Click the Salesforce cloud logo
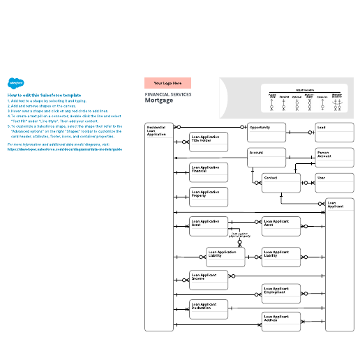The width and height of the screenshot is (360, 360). coord(14,82)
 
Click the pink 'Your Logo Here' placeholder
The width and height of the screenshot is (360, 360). coord(167,83)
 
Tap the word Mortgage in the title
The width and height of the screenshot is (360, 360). coord(158,100)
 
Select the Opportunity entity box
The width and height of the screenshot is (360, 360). coord(267,133)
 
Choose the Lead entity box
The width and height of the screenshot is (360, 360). coord(334,133)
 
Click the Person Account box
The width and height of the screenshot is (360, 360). coord(334,157)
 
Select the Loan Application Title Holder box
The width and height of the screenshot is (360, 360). coord(209,142)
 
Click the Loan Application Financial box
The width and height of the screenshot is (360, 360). coord(209,173)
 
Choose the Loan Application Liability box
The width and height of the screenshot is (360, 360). coord(225,257)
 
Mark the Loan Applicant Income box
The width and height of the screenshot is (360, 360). coord(209,280)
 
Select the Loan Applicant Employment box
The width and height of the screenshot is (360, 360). coord(280,294)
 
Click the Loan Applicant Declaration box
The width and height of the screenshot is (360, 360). coord(209,310)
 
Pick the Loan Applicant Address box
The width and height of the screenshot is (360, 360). coord(280,322)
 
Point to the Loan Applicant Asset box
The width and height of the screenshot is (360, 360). coord(280,227)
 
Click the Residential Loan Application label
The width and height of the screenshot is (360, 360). coord(157,130)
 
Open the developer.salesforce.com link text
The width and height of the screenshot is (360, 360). coord(64,149)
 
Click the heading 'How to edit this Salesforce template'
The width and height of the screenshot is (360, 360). coord(45,94)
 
